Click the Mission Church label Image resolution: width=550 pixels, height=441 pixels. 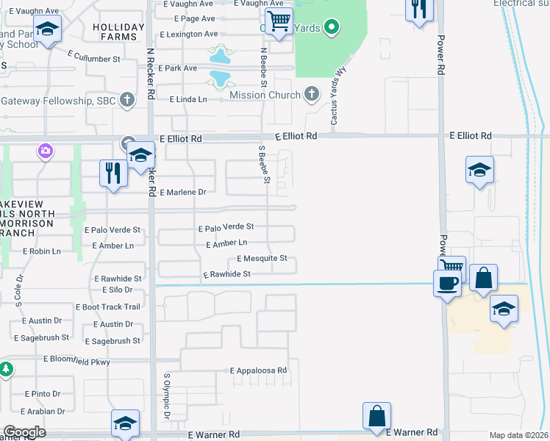265,95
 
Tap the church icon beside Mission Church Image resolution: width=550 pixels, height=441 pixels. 312,94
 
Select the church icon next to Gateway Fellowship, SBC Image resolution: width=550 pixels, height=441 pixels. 127,99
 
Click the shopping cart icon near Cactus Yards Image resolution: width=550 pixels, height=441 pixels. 279,22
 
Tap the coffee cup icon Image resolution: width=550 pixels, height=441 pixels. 447,283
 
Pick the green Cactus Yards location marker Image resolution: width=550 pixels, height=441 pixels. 332,29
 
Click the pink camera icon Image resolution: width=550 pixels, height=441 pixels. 46,151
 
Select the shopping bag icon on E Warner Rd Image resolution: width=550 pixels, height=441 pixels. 376,416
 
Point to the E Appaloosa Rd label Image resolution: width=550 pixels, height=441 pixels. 257,371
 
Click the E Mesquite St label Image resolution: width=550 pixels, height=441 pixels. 262,259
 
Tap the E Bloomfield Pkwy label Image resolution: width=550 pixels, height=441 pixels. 76,359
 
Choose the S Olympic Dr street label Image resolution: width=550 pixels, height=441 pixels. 167,397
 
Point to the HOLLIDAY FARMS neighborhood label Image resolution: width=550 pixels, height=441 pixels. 115,31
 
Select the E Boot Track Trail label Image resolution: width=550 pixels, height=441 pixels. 107,307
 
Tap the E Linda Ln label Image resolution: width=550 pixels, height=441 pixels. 189,99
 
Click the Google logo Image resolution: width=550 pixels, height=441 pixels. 24,432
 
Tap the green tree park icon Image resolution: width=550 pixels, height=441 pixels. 5,368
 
